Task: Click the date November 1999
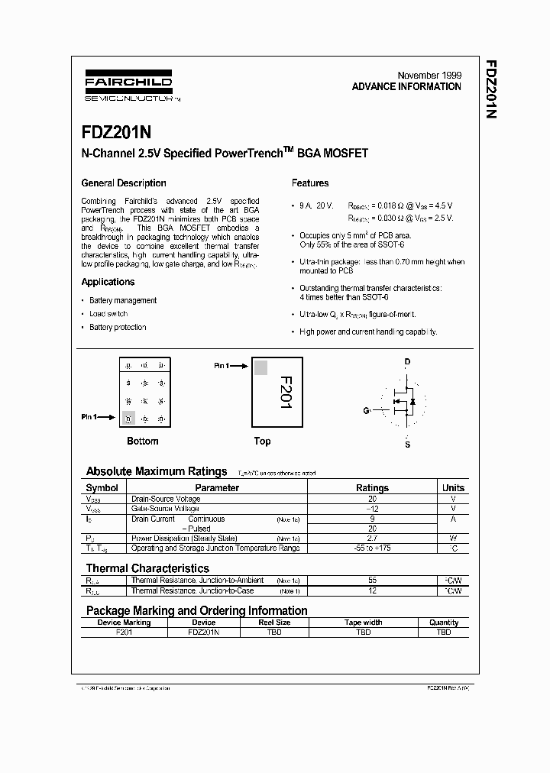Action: (429, 75)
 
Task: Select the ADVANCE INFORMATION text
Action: (406, 87)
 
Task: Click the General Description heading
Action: (124, 183)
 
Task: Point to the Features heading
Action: (310, 183)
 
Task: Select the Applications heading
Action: (108, 283)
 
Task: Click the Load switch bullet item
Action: (108, 314)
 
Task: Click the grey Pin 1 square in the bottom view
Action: (128, 418)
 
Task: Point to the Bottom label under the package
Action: (143, 441)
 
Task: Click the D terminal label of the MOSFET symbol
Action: (407, 361)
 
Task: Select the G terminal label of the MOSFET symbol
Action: (366, 410)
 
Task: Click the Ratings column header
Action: (372, 488)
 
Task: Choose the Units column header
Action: (453, 488)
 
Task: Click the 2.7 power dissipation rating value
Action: (372, 539)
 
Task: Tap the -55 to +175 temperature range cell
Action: (372, 548)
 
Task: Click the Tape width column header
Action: (363, 623)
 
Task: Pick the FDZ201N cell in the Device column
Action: (202, 632)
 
